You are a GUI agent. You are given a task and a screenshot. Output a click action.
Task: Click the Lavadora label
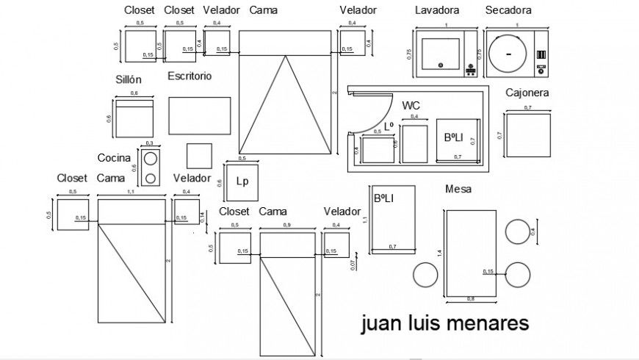[x=437, y=10]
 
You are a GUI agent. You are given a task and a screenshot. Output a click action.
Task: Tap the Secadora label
[x=508, y=10]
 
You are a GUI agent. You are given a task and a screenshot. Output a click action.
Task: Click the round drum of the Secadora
[x=508, y=54]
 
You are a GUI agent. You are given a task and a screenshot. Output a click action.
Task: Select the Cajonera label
[x=527, y=93]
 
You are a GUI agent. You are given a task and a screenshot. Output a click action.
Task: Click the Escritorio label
[x=189, y=76]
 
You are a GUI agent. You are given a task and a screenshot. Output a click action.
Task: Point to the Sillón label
[x=128, y=79]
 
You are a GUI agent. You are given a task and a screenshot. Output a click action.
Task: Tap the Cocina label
[x=114, y=158]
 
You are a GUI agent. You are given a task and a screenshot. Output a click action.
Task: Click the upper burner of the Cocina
[x=151, y=159]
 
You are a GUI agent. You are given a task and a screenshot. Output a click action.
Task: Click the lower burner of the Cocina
[x=151, y=177]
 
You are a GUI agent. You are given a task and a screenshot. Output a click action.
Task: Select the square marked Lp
[x=240, y=181]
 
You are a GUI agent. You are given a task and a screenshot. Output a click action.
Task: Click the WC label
[x=411, y=106]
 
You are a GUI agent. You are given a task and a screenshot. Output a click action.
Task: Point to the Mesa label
[x=458, y=190]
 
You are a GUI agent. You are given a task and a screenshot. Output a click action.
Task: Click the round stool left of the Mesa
[x=425, y=275]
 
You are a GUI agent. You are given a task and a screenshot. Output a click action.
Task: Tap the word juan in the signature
[x=380, y=324]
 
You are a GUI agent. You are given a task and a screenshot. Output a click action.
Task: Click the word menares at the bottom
[x=492, y=324]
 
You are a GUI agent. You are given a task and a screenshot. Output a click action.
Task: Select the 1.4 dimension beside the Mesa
[x=439, y=253]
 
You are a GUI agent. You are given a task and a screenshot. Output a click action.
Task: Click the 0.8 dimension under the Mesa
[x=471, y=299]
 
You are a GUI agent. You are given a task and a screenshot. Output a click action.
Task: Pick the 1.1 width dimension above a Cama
[x=131, y=192]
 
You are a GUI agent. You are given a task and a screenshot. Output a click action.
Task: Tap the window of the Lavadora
[x=440, y=54]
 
